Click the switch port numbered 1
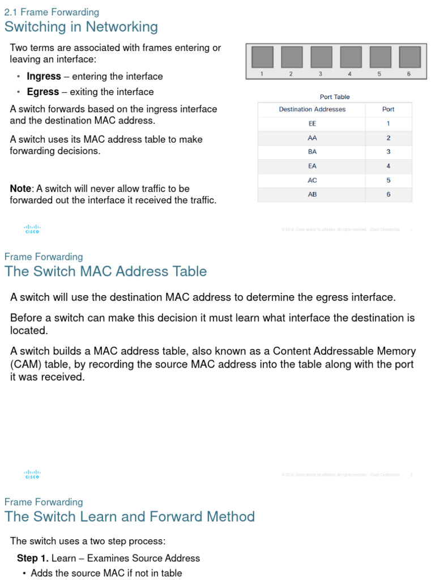point(262,57)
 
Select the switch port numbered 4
point(350,57)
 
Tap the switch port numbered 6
point(409,57)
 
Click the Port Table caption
point(335,97)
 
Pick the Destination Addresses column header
point(312,109)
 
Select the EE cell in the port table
point(312,123)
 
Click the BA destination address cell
point(312,152)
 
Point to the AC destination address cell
point(312,180)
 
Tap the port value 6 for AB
point(389,194)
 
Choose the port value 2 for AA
point(389,138)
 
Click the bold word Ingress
point(44,76)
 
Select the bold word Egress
point(42,92)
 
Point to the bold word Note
point(21,189)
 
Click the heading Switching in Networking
point(81,27)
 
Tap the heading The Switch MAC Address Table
point(105,271)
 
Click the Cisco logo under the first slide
point(32,229)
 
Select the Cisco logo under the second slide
point(32,474)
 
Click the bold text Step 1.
point(33,558)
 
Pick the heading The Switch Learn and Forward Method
point(129,517)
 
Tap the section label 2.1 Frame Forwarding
point(52,12)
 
